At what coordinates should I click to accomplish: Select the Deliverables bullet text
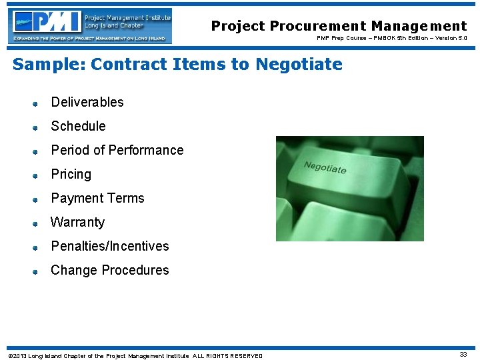[x=87, y=102]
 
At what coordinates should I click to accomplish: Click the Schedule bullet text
[x=78, y=126]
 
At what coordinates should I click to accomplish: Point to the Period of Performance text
[x=117, y=150]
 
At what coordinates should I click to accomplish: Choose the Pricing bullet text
[x=71, y=174]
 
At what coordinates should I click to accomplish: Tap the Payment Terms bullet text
[x=97, y=198]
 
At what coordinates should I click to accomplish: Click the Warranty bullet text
[x=77, y=222]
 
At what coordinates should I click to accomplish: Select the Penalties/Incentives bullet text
[x=110, y=246]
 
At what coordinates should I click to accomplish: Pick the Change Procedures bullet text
[x=110, y=270]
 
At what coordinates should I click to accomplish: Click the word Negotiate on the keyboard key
[x=325, y=167]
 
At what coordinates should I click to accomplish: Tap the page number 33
[x=463, y=355]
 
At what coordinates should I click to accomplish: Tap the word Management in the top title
[x=419, y=27]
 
